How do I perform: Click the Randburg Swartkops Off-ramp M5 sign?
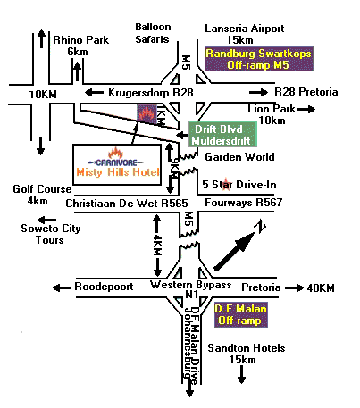pos(259,59)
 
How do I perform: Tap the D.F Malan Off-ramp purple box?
pos(241,314)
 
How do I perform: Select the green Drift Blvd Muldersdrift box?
pos(222,135)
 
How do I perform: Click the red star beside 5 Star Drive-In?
pos(226,184)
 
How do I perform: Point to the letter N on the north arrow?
pos(260,228)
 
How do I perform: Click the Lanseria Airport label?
pos(245,29)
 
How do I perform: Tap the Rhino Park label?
pos(81,40)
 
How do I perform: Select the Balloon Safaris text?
pos(153,33)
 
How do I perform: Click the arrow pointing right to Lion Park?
pos(306,110)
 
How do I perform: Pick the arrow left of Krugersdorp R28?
pos(94,92)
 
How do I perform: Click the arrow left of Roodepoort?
pos(62,287)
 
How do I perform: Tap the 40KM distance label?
pos(321,287)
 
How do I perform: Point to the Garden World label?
pos(239,157)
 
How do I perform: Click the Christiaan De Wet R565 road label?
pos(127,204)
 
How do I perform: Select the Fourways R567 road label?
pos(244,203)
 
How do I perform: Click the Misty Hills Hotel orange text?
pos(118,172)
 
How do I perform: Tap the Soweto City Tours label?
pos(51,234)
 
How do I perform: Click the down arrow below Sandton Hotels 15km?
pos(241,374)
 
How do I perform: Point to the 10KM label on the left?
pos(43,95)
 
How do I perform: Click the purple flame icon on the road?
pos(147,114)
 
